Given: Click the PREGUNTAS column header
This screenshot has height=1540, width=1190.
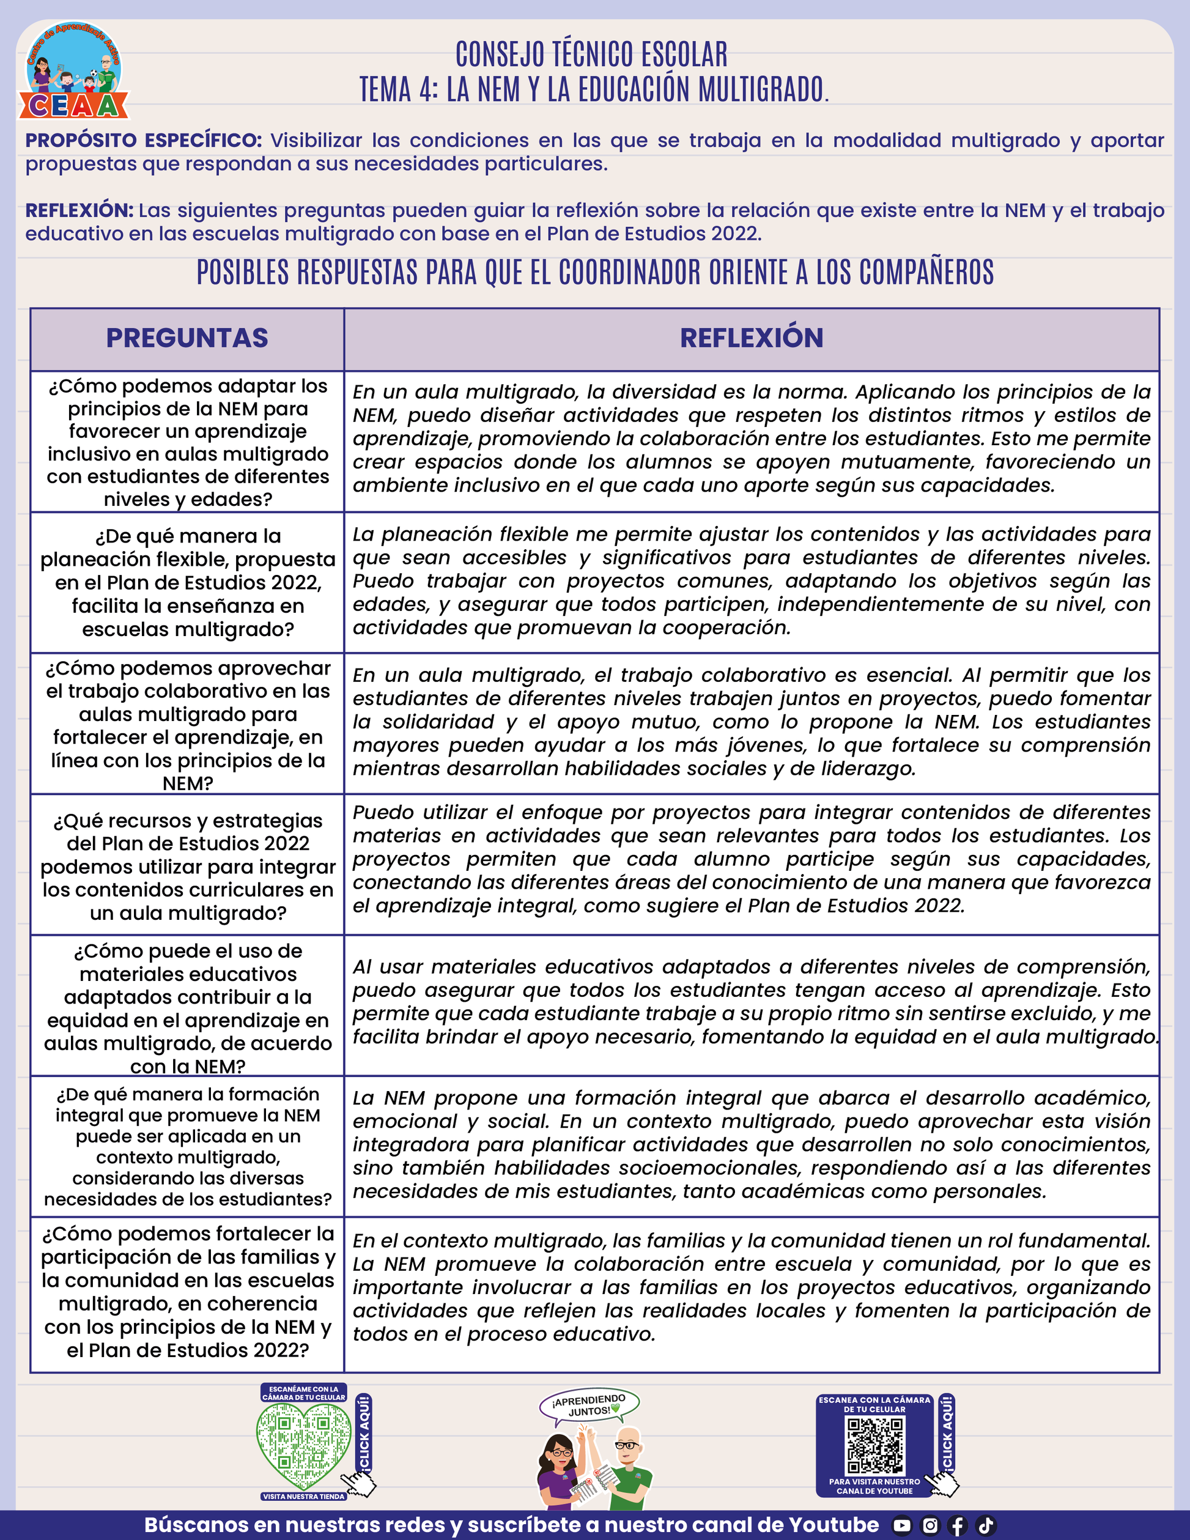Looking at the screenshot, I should click(187, 338).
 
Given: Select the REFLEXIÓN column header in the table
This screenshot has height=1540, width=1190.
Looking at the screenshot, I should click(752, 338).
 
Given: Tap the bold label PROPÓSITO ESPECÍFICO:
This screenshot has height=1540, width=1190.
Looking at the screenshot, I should click(143, 140).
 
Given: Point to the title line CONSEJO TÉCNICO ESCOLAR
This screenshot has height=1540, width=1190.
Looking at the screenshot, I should click(591, 54).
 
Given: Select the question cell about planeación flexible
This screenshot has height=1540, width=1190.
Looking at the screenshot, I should click(188, 582).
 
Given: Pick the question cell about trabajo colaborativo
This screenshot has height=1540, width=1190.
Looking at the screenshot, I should click(188, 724).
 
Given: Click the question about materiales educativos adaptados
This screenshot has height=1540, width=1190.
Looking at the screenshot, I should click(188, 1007).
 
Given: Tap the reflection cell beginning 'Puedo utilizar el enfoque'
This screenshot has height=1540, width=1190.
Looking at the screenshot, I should click(752, 859).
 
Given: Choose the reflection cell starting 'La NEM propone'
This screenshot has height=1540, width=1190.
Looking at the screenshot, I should click(752, 1144).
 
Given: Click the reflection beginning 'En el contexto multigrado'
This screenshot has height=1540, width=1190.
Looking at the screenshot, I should click(752, 1287).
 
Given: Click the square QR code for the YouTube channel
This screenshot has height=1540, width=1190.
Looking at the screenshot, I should click(874, 1446).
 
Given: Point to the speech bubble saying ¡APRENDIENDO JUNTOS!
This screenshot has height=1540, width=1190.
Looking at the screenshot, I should click(589, 1405).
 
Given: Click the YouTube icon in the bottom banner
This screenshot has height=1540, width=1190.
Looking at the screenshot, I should click(901, 1525).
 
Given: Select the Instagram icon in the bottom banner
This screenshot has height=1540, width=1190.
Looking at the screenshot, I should click(931, 1525).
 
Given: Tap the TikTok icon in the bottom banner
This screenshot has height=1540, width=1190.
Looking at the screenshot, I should click(986, 1525).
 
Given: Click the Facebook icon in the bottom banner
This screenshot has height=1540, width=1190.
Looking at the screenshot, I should click(958, 1525).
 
